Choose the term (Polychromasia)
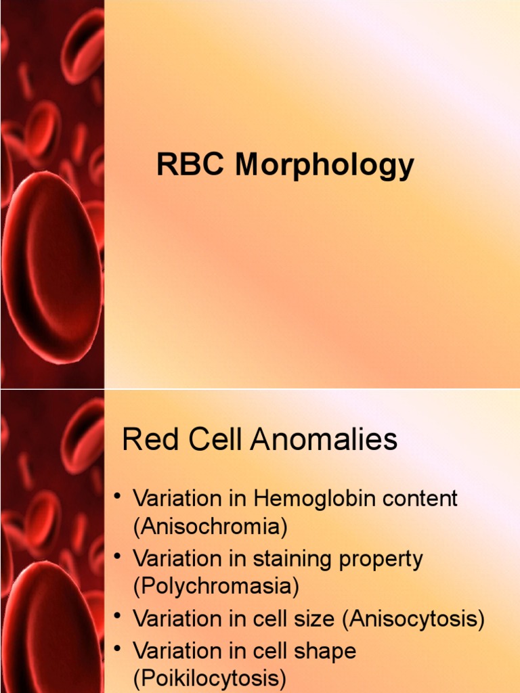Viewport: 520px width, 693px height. [x=216, y=586]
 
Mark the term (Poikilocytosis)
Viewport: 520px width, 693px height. [x=209, y=678]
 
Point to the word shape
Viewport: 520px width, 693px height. [x=321, y=652]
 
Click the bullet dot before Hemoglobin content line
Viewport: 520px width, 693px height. [x=117, y=499]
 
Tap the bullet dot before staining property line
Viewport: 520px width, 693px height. [x=117, y=558]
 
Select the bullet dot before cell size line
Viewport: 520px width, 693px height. [x=117, y=618]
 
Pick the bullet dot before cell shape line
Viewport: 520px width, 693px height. [x=117, y=650]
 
